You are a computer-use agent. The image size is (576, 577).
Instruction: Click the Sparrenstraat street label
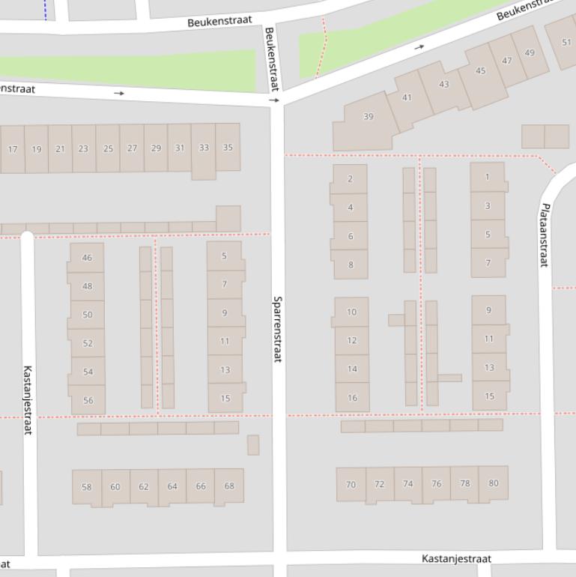click(x=277, y=329)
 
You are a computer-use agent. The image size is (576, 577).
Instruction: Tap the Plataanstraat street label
click(x=545, y=235)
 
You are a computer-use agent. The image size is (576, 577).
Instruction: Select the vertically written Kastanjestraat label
click(x=28, y=399)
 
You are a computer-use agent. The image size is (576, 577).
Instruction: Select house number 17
click(x=13, y=149)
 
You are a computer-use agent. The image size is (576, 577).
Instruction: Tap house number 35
click(x=228, y=148)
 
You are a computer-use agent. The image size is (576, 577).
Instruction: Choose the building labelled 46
click(x=87, y=258)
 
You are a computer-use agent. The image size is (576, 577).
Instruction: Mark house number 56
click(x=88, y=400)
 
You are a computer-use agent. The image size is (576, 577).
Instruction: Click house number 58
click(x=86, y=486)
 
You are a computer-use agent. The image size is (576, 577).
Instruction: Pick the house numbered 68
click(x=229, y=486)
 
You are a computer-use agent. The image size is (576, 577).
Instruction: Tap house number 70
click(x=351, y=484)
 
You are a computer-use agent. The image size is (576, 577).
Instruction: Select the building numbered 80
click(x=493, y=483)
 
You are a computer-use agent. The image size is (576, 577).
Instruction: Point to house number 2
click(x=350, y=179)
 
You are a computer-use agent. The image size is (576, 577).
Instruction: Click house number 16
click(x=352, y=397)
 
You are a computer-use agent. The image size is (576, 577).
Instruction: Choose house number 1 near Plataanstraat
click(x=488, y=177)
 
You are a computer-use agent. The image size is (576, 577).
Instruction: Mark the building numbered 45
click(x=480, y=71)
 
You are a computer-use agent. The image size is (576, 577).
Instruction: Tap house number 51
click(x=566, y=42)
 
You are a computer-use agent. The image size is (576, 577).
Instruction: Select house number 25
click(x=108, y=148)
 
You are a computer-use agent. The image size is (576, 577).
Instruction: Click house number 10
click(x=351, y=312)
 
